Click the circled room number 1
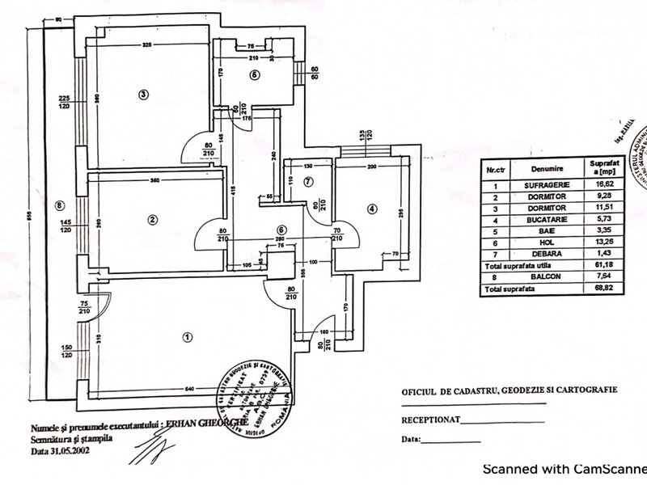tap(188, 336)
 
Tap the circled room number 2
tap(151, 219)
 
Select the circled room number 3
tap(142, 95)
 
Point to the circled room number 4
tap(371, 209)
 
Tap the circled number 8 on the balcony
tap(58, 205)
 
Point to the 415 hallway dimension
tap(232, 192)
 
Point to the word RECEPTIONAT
tap(433, 421)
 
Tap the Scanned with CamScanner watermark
tap(564, 468)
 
